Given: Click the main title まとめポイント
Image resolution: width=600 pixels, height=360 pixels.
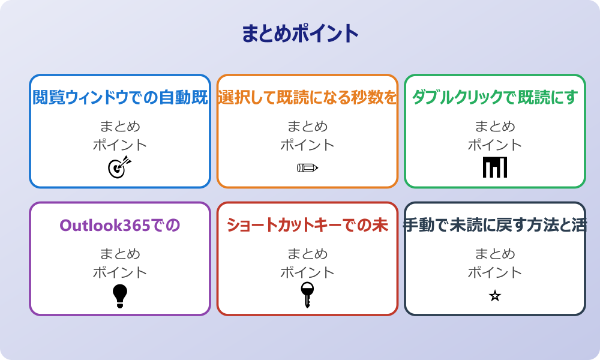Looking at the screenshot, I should (x=300, y=34).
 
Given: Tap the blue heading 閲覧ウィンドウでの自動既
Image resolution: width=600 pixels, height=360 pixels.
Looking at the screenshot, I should (x=120, y=97).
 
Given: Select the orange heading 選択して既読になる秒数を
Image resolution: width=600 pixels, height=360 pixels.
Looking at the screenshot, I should (x=307, y=97).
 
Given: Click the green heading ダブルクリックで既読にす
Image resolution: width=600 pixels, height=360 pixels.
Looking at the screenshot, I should (x=494, y=97).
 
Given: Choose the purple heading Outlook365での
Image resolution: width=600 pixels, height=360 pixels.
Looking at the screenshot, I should (x=120, y=225).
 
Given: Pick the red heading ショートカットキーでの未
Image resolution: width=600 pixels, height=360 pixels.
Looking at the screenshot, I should (x=307, y=225).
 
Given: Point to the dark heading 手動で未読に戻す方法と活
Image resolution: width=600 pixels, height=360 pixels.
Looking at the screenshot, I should (x=494, y=225).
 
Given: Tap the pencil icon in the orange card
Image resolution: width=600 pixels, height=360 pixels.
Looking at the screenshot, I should (x=307, y=167).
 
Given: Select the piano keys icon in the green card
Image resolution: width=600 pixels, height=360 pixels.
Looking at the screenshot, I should (x=494, y=167).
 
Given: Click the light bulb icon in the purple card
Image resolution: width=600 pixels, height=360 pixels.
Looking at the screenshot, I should (x=120, y=296).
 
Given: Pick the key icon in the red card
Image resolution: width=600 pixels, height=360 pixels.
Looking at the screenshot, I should (x=307, y=295).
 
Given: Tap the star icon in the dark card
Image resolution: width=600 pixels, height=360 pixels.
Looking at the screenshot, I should (x=494, y=296).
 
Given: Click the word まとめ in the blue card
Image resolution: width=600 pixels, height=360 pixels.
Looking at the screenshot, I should (x=120, y=127).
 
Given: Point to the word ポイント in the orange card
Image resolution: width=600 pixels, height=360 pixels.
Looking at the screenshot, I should (x=307, y=145).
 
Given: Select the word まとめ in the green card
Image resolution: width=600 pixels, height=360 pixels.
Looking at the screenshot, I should (x=494, y=127).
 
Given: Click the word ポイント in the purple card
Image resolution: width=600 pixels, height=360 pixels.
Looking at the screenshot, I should (x=120, y=272).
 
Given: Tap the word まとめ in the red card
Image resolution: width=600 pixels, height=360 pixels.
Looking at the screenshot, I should (x=307, y=254).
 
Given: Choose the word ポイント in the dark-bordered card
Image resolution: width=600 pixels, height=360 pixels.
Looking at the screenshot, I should (x=494, y=272).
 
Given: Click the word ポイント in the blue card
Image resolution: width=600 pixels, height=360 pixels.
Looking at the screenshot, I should (x=120, y=145).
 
